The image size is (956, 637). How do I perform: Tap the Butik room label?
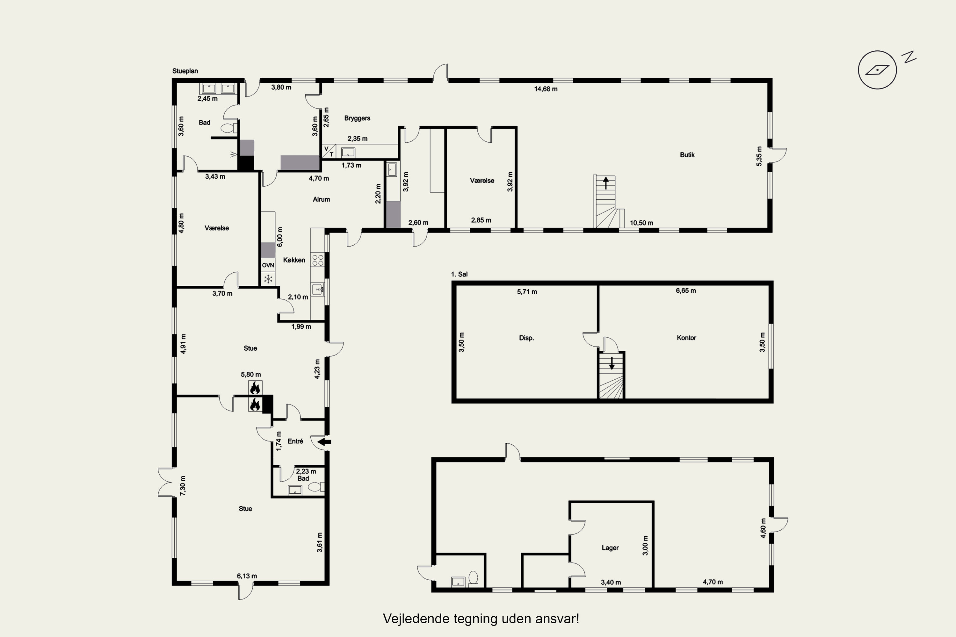pos(687,155)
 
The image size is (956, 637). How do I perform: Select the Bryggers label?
pos(357,118)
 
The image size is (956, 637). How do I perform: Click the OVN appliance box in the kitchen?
pos(268,265)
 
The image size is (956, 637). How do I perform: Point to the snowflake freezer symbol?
pos(268,279)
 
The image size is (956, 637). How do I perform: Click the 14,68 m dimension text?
pos(546,89)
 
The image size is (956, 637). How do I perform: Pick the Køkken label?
pos(294,260)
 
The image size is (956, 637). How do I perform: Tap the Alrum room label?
pos(321,199)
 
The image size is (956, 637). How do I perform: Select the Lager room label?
pos(610,548)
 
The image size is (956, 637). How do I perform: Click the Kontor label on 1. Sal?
pos(686,338)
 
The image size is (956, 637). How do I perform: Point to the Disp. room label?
pos(526,338)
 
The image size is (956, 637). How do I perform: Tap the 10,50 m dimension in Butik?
pos(641,223)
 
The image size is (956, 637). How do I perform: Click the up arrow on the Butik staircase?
pos(606,183)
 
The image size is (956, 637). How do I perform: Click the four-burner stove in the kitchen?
pos(317,260)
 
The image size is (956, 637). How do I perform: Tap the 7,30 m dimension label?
pos(183,485)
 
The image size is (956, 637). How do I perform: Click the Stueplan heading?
pos(185,71)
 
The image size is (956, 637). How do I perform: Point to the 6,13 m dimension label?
pos(247,576)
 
